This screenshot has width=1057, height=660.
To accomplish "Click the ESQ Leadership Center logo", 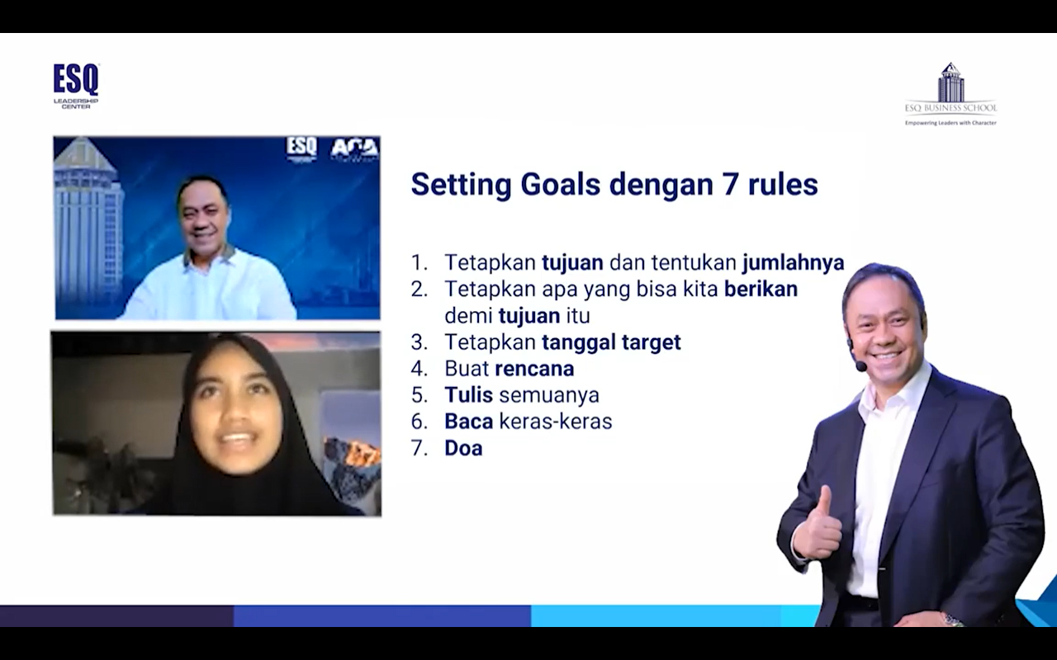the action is pyautogui.click(x=76, y=87).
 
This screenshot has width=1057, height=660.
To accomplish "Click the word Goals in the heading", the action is pyautogui.click(x=560, y=184).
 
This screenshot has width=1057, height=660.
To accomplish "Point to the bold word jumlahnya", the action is pyautogui.click(x=794, y=262).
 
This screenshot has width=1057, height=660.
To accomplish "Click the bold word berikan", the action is pyautogui.click(x=761, y=289).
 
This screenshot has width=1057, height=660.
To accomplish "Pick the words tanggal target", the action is pyautogui.click(x=611, y=342).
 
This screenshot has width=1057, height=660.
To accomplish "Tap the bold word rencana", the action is pyautogui.click(x=534, y=369).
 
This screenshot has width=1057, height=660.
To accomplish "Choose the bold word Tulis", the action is pyautogui.click(x=468, y=394).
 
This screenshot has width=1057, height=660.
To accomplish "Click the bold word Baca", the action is pyautogui.click(x=468, y=421).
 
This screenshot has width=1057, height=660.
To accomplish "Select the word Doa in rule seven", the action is pyautogui.click(x=463, y=448).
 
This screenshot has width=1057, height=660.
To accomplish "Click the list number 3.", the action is pyautogui.click(x=419, y=342).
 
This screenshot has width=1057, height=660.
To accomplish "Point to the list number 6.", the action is pyautogui.click(x=419, y=421).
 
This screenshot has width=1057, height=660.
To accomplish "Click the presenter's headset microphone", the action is pyautogui.click(x=860, y=365).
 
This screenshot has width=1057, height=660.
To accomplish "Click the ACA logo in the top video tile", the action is pyautogui.click(x=355, y=148).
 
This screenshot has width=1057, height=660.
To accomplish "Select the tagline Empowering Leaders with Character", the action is pyautogui.click(x=950, y=123).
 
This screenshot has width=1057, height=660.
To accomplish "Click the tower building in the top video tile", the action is pyautogui.click(x=88, y=226).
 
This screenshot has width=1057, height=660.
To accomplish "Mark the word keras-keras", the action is pyautogui.click(x=556, y=421).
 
